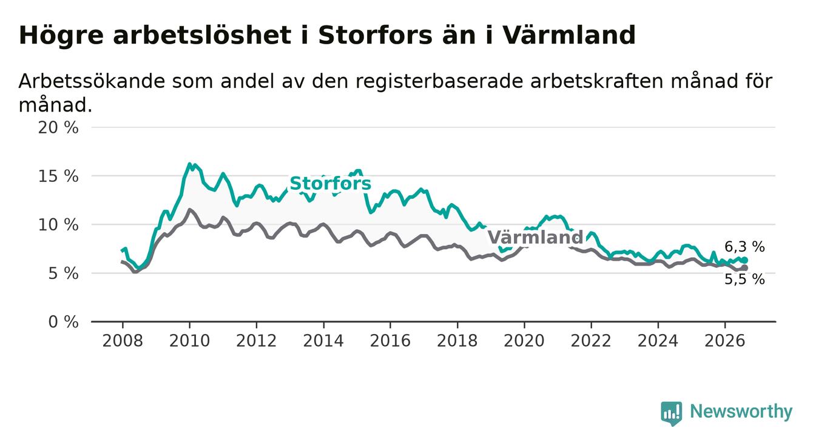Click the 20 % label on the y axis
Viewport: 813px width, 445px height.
58,128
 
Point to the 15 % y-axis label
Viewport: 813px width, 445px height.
58,176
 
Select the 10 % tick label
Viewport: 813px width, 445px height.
58,225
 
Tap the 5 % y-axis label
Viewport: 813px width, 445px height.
63,273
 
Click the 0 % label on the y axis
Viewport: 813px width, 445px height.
63,322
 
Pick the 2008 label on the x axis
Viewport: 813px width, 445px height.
123,341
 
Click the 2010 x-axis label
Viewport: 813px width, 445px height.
189,341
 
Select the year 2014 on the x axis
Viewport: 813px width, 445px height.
323,341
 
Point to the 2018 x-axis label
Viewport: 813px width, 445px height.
457,341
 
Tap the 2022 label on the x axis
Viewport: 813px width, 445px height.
591,341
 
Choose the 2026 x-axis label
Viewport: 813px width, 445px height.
725,341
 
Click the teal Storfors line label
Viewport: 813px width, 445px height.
331,184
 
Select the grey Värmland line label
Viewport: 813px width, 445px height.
535,238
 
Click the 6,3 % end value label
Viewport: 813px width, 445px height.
745,247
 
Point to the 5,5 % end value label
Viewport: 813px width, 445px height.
745,279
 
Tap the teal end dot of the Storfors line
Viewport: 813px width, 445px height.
744,260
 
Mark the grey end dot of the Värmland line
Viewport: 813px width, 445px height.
744,268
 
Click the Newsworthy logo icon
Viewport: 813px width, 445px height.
672,413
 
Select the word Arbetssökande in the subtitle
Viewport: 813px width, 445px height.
92,81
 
